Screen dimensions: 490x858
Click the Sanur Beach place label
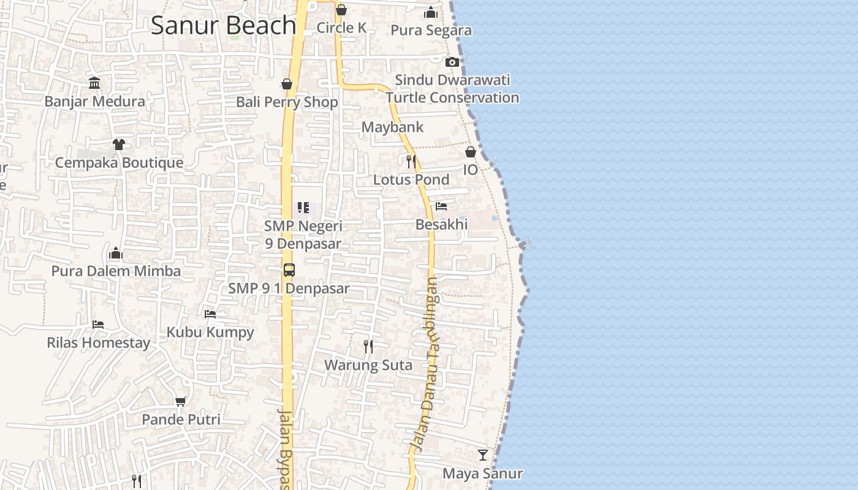click(224, 25)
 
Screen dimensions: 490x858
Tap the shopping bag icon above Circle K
click(341, 10)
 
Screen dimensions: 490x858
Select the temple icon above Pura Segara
click(431, 12)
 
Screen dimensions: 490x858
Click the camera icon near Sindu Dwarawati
click(452, 62)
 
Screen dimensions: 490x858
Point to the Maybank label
click(392, 127)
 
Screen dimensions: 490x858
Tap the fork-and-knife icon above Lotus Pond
click(411, 162)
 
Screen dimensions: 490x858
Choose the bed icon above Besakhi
click(441, 206)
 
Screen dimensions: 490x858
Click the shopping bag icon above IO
click(471, 152)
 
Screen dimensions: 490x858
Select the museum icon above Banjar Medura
click(94, 83)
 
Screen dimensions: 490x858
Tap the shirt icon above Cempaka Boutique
click(119, 145)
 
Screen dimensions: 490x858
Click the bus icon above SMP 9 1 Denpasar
click(289, 270)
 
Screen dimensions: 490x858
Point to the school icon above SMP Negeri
click(303, 208)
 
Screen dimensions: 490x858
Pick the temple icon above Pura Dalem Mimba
click(116, 254)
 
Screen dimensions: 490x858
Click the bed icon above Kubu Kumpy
click(210, 314)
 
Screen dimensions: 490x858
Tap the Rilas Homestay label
click(99, 342)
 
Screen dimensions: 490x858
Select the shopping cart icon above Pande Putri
click(181, 402)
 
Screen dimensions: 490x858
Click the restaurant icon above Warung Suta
click(368, 347)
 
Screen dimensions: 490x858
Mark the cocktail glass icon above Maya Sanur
click(483, 455)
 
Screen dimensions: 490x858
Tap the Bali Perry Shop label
click(287, 102)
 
